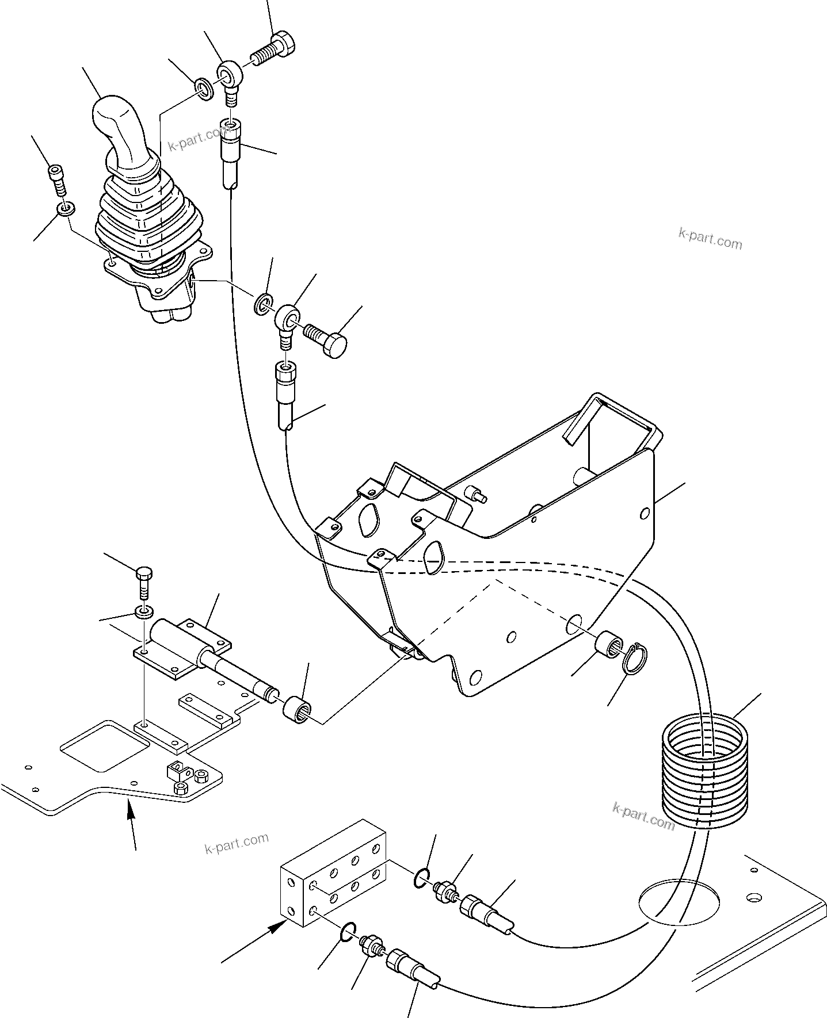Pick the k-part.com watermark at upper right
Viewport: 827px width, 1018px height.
[710, 239]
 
